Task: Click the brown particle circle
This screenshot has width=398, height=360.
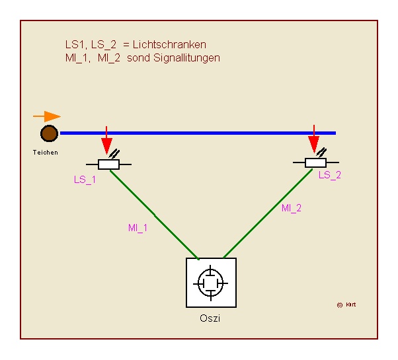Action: pos(48,134)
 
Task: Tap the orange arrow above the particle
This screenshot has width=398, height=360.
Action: pos(47,116)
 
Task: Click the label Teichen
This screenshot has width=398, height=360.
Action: pos(45,152)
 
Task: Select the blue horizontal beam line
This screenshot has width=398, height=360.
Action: pos(198,133)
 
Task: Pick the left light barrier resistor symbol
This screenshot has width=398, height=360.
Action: pos(108,164)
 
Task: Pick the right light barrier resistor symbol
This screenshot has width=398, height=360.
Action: pos(315,162)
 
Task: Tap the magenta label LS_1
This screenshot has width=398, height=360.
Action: pos(85,180)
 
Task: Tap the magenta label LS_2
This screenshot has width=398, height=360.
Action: pos(329,175)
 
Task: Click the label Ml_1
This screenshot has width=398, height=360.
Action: pos(138,228)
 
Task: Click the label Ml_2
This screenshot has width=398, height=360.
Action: pos(292,208)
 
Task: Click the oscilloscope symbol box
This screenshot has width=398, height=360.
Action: pos(211,282)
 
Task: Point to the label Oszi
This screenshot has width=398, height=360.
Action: pos(210,319)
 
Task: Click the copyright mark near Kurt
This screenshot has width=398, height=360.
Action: pos(339,305)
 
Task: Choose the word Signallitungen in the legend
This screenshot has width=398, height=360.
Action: pos(187,58)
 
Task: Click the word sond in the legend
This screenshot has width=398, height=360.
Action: pos(138,58)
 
